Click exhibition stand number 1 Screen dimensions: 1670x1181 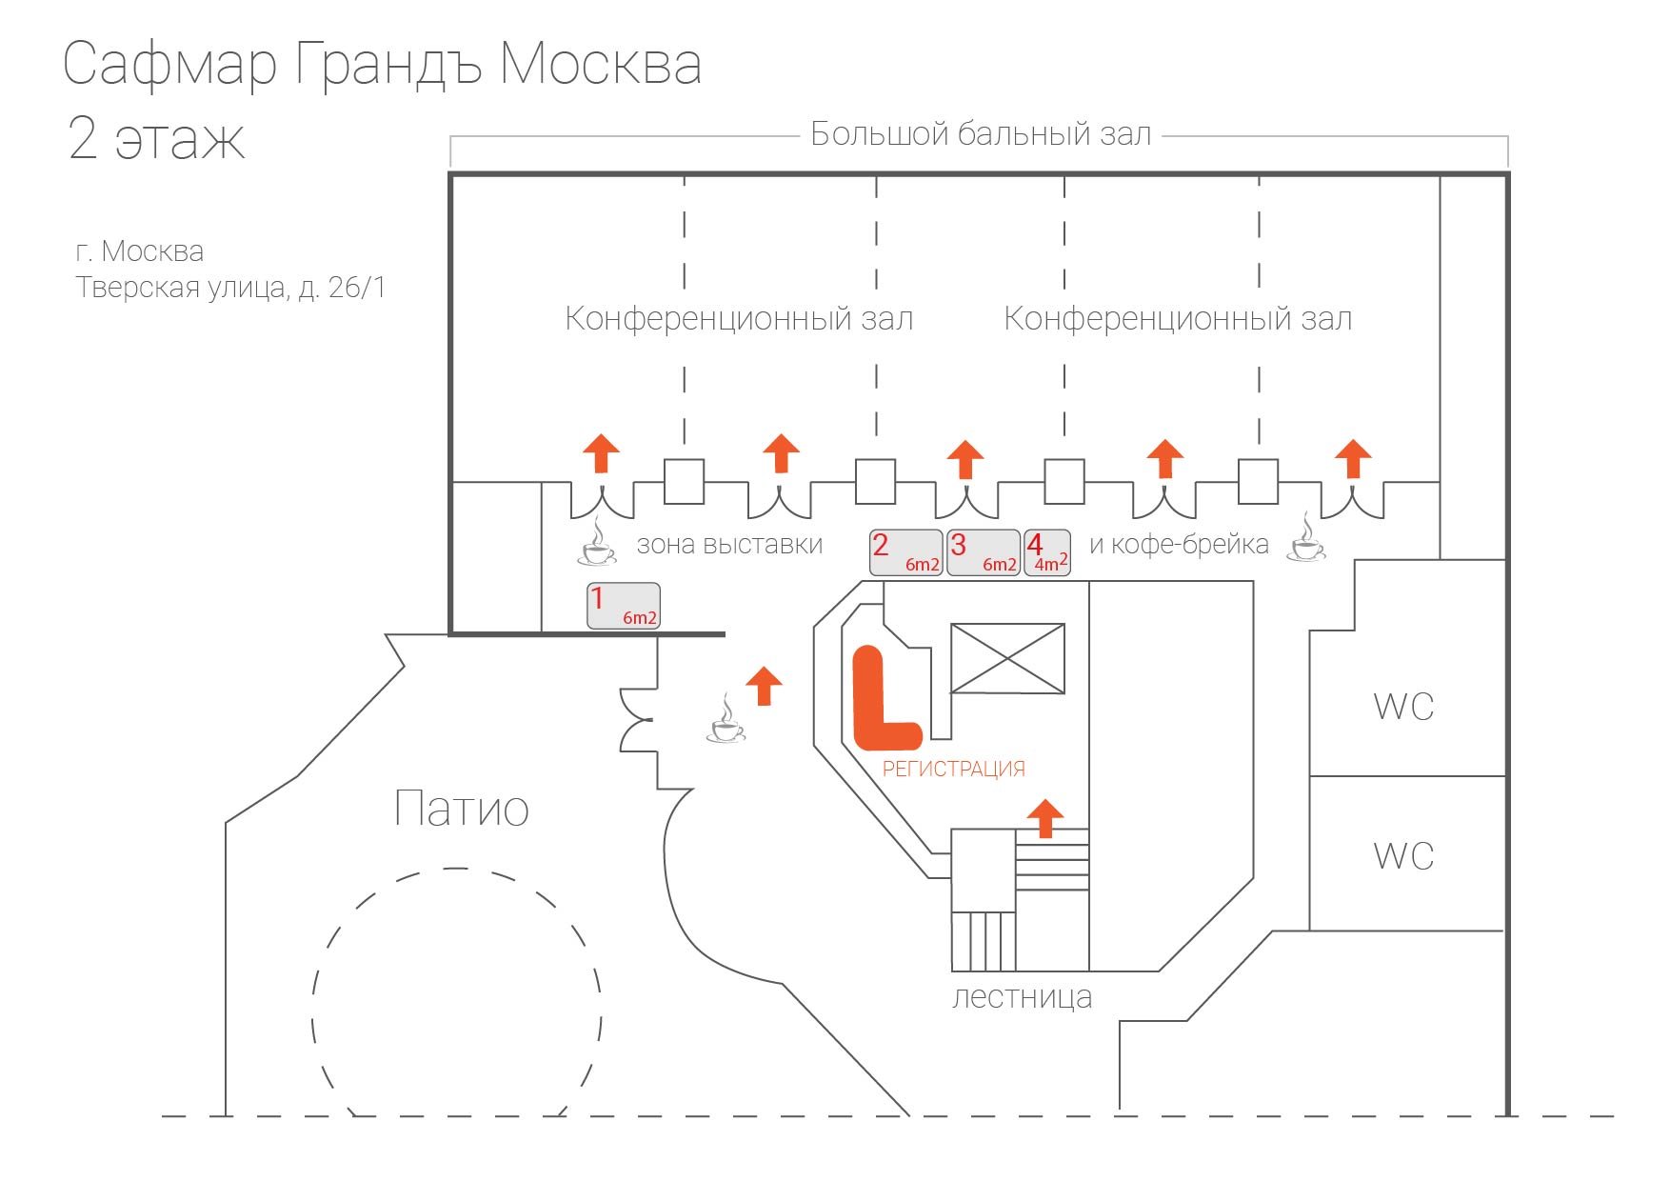[624, 606]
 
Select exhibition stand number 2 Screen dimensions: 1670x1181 [906, 552]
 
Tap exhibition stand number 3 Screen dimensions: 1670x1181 [984, 552]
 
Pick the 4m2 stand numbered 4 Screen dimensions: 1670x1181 [1047, 552]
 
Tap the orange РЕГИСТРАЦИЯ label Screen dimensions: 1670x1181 [954, 769]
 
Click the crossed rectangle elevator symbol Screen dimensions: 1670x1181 [1008, 658]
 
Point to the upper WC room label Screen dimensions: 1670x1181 [1403, 707]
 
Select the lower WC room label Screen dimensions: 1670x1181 [1403, 855]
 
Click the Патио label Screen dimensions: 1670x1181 [462, 808]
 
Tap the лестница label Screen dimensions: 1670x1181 [1022, 997]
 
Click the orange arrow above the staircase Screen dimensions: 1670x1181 [1045, 819]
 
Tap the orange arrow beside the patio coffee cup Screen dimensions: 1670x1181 [763, 686]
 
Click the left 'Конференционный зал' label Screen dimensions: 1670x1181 [739, 319]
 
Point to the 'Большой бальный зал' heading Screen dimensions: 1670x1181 [981, 134]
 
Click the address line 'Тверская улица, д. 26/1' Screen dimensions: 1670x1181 [230, 288]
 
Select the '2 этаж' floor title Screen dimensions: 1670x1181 [156, 139]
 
